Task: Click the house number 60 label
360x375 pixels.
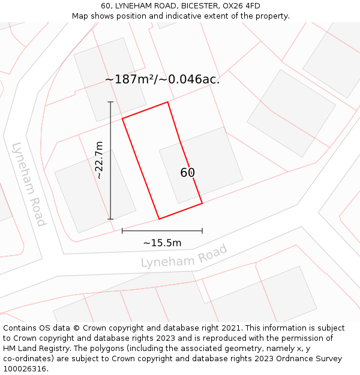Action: tap(187, 173)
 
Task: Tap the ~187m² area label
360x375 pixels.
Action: tap(131, 79)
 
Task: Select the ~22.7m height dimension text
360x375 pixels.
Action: tap(100, 160)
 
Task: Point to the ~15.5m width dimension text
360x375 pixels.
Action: tap(162, 243)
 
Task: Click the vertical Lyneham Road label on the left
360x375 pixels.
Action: tap(29, 184)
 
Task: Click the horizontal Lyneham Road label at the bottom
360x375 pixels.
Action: tap(184, 256)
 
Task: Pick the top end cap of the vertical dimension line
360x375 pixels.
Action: tap(110, 102)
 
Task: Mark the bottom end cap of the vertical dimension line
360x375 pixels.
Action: tap(110, 219)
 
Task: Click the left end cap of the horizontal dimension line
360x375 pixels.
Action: tap(122, 230)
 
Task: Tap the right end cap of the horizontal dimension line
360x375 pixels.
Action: tap(202, 230)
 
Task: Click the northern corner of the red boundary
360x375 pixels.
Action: tap(167, 102)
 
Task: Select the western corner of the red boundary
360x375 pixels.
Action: tap(122, 118)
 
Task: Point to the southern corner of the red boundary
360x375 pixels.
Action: tap(159, 219)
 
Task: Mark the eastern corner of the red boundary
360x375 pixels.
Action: tap(202, 203)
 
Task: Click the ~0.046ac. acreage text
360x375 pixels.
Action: tap(191, 79)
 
